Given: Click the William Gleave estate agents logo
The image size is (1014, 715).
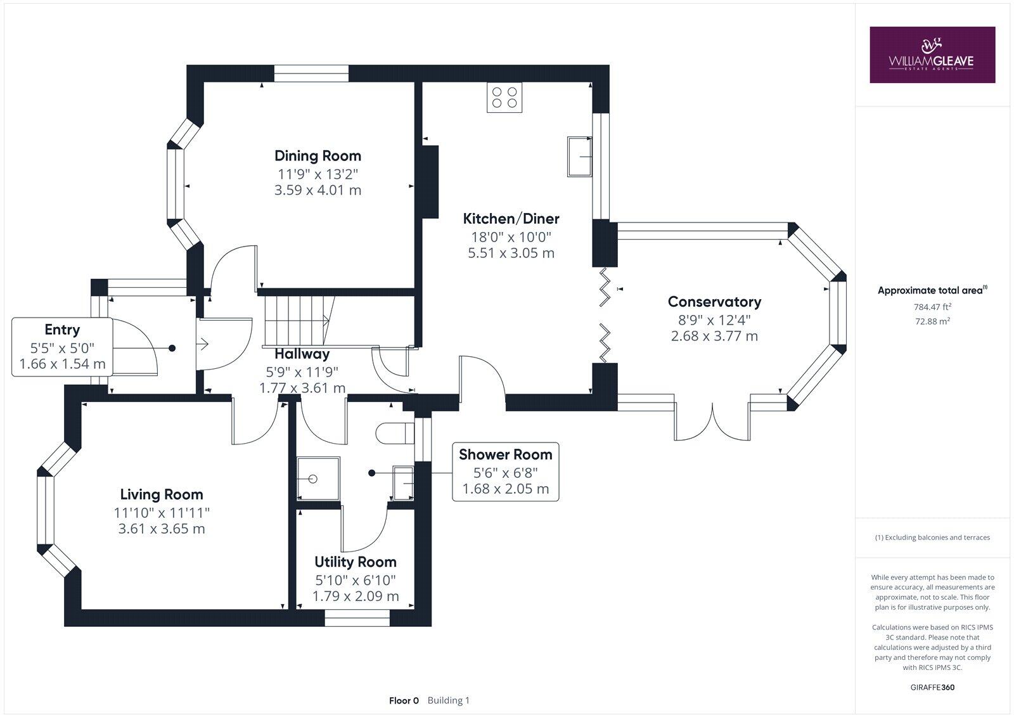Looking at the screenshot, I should pos(932,55).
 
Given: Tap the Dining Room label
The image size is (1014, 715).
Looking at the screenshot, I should pos(318,156).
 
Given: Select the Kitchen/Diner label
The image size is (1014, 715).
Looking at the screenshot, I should pos(511,219).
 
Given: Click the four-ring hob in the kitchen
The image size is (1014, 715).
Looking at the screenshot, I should pos(504,98).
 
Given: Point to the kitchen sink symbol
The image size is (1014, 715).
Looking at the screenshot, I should pos(580,156).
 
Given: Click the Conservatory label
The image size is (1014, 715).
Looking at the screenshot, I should pos(714,302).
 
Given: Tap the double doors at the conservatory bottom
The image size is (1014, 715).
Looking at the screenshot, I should pos(713,421).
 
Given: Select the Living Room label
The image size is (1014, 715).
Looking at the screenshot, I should pos(162,494).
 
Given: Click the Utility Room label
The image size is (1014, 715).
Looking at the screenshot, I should pos(356,562).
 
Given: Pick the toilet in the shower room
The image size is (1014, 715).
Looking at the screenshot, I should pos(393,434).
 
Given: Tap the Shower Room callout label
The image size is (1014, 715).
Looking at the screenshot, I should pos(505,454).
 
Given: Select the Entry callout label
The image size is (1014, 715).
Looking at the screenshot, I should pos(62,330).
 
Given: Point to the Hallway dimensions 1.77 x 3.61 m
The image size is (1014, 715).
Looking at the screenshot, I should pos(302,388).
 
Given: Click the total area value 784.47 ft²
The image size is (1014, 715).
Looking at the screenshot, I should pos(932,307).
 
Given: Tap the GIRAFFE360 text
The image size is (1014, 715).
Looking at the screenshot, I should pos(932,687).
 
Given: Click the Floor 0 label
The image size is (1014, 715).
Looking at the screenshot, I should pos(404,700).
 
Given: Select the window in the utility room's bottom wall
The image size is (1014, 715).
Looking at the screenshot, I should pos(357,618).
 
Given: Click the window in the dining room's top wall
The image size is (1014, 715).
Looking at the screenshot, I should pos(311,74).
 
